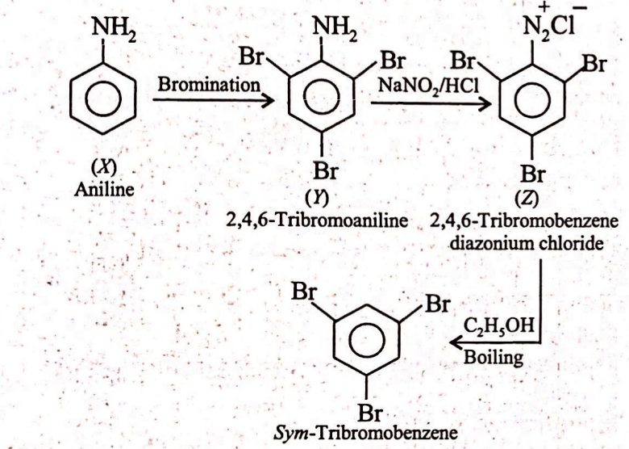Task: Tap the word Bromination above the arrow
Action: [209, 85]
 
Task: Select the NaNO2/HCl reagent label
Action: [429, 85]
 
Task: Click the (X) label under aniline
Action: [104, 167]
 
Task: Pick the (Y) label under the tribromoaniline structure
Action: [316, 198]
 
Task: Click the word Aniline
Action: [104, 189]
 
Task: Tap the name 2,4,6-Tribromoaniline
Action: [317, 220]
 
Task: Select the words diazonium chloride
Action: [527, 244]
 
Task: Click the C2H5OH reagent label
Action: [499, 325]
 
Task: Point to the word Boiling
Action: [494, 357]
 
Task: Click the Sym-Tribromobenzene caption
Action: [366, 433]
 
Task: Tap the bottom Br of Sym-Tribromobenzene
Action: [370, 413]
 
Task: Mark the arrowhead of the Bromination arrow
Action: [267, 99]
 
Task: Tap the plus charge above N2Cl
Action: [544, 6]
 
